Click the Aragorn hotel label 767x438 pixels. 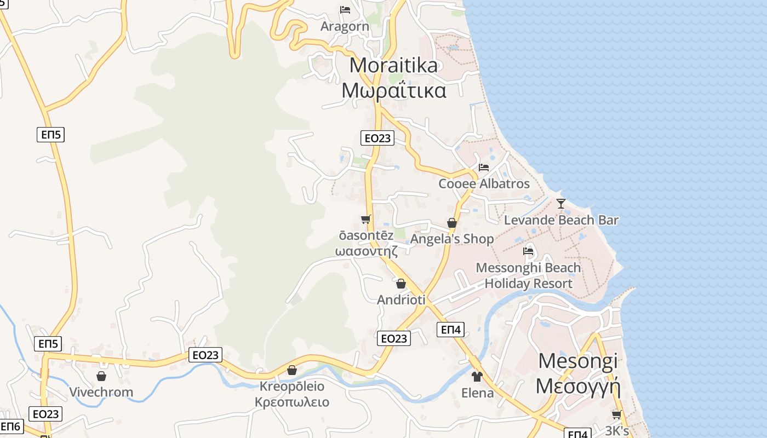(345, 26)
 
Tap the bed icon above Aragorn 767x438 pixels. (345, 10)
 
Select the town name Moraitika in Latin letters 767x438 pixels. (393, 65)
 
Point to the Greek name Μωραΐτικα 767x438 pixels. (393, 90)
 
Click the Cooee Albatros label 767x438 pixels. (484, 183)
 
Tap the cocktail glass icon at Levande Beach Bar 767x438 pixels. (560, 204)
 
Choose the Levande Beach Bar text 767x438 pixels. (561, 220)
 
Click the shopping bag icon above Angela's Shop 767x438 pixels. (452, 223)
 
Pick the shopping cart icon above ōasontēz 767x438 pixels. (366, 219)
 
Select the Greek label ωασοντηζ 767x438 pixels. (366, 250)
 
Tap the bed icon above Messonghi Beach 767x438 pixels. (528, 251)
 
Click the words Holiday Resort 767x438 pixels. (528, 284)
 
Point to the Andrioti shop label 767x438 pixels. (401, 300)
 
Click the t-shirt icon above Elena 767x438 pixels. (477, 377)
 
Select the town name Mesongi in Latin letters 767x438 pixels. (577, 361)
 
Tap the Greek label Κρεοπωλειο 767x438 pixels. (291, 402)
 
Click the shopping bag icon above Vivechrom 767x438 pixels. (101, 376)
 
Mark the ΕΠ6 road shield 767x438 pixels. (10, 427)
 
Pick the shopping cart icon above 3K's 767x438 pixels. (617, 414)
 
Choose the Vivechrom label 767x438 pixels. (101, 392)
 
